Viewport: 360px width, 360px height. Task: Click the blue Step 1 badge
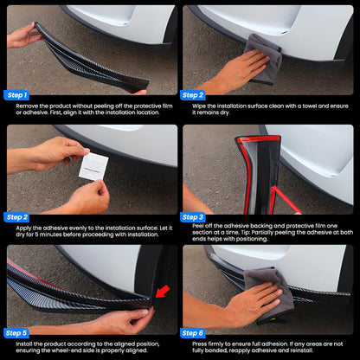pyautogui.click(x=16, y=95)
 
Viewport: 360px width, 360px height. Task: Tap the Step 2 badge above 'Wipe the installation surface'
pyautogui.click(x=193, y=95)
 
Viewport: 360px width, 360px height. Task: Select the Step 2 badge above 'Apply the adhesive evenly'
pyautogui.click(x=16, y=217)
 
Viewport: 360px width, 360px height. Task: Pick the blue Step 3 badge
pyautogui.click(x=193, y=217)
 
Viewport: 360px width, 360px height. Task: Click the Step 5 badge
pyautogui.click(x=16, y=333)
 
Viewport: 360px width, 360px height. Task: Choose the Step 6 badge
pyautogui.click(x=193, y=333)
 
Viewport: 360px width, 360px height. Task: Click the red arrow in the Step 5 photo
pyautogui.click(x=163, y=292)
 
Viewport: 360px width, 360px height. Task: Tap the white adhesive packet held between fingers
pyautogui.click(x=93, y=166)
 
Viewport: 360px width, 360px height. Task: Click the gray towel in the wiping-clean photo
pyautogui.click(x=265, y=58)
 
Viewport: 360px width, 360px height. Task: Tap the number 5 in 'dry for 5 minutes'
pyautogui.click(x=36, y=235)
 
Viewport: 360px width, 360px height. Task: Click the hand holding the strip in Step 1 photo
pyautogui.click(x=23, y=35)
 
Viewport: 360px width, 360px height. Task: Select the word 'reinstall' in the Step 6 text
pyautogui.click(x=301, y=350)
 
